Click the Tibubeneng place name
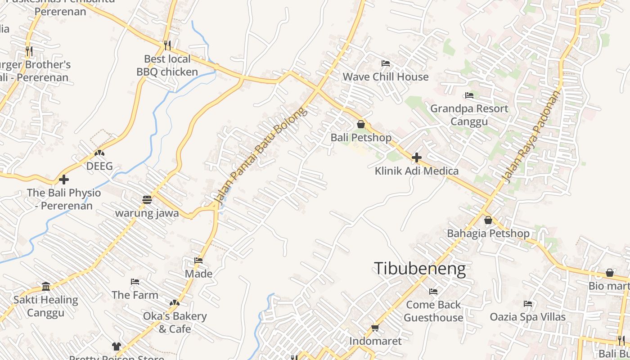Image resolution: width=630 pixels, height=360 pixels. pyautogui.click(x=420, y=269)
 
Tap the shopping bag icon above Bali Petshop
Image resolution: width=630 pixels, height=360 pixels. pyautogui.click(x=361, y=124)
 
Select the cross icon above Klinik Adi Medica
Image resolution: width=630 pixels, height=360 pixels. pyautogui.click(x=417, y=157)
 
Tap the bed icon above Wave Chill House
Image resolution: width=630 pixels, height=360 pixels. pyautogui.click(x=386, y=63)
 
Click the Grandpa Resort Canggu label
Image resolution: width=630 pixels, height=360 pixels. pyautogui.click(x=469, y=115)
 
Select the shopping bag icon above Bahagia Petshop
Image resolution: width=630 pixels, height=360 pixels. pyautogui.click(x=488, y=220)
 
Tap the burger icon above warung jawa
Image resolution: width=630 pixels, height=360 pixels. pyautogui.click(x=147, y=199)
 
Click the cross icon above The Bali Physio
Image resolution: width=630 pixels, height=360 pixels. pyautogui.click(x=64, y=180)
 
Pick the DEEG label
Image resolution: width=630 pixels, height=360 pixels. pyautogui.click(x=99, y=166)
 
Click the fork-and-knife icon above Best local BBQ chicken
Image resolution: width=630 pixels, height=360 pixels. pyautogui.click(x=167, y=45)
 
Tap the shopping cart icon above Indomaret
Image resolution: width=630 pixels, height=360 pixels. pyautogui.click(x=375, y=328)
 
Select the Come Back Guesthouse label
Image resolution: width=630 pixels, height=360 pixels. pyautogui.click(x=433, y=311)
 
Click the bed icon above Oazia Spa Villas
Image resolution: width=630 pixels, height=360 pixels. pyautogui.click(x=528, y=304)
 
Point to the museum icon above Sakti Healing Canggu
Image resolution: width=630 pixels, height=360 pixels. pyautogui.click(x=46, y=286)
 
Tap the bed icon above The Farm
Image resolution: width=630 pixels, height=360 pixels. pyautogui.click(x=135, y=282)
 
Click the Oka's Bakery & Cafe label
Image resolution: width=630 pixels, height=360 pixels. pyautogui.click(x=175, y=322)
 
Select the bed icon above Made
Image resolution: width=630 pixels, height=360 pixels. pyautogui.click(x=198, y=260)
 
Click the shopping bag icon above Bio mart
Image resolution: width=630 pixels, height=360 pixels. pyautogui.click(x=610, y=273)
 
